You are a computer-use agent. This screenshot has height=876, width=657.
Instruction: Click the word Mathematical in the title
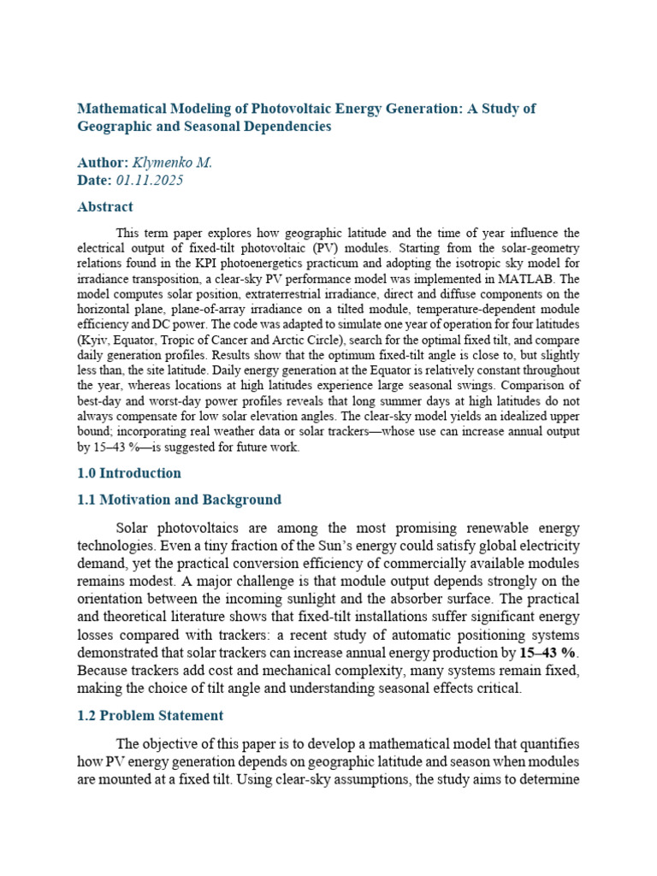[117, 109]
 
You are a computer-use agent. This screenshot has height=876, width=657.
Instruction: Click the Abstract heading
[105, 206]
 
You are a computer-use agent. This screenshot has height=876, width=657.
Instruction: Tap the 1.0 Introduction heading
[129, 473]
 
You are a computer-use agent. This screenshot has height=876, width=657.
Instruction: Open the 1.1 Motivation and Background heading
[179, 500]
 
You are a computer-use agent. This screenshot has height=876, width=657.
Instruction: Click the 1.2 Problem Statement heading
[150, 715]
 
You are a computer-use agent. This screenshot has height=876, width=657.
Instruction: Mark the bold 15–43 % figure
[548, 654]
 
